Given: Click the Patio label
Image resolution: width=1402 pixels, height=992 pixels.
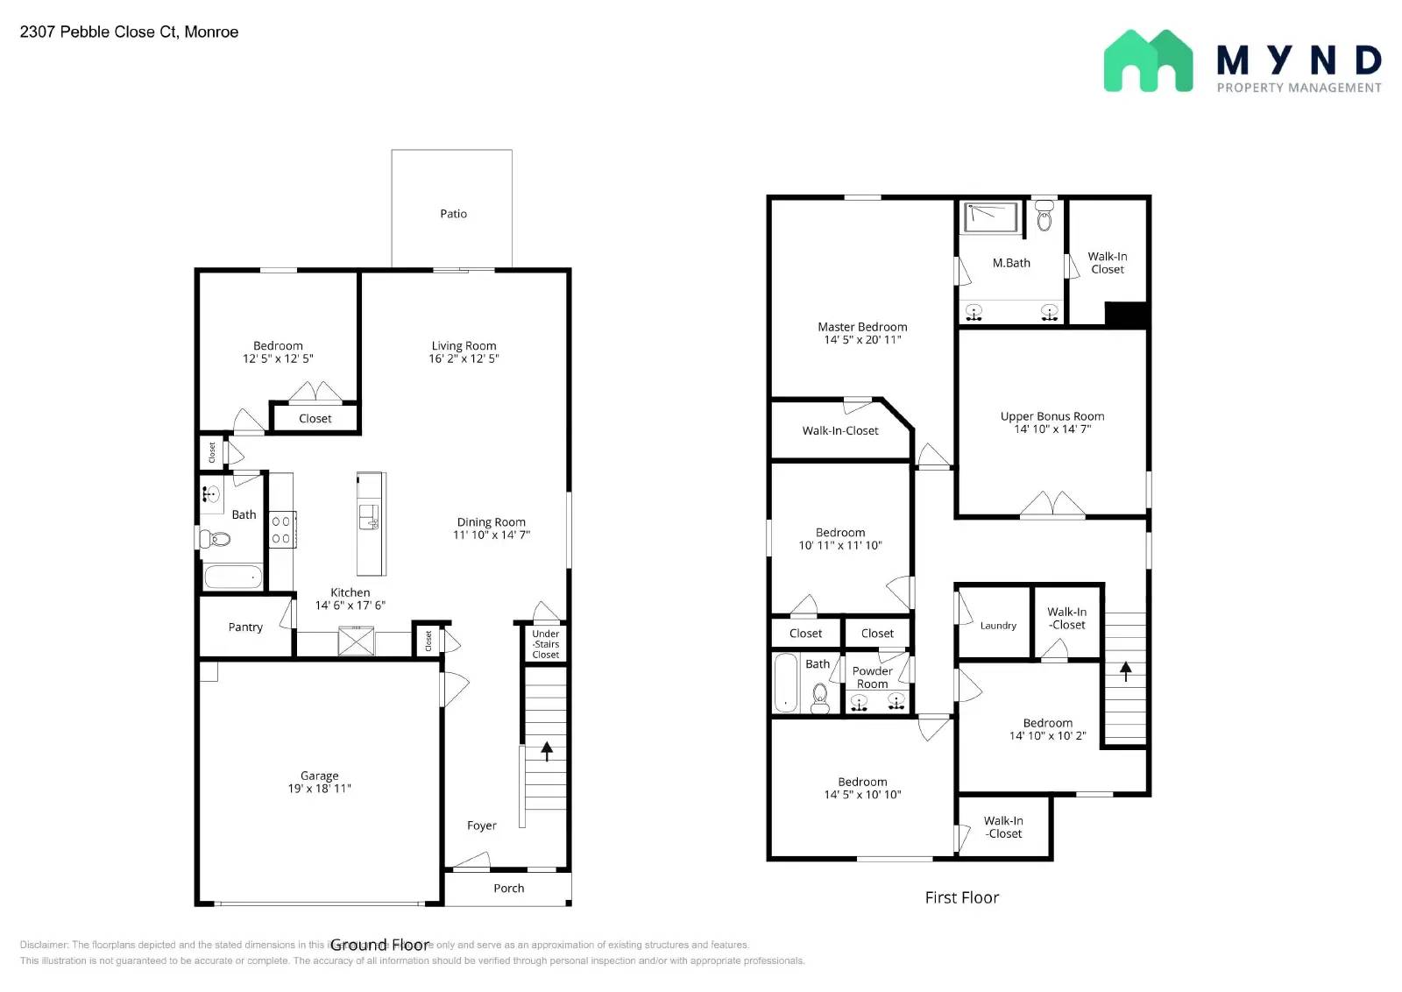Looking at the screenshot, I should point(453,214).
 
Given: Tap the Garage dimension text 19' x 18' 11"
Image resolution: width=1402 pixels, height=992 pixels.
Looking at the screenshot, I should point(319,789).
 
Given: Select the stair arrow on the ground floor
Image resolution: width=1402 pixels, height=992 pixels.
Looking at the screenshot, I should point(547,751).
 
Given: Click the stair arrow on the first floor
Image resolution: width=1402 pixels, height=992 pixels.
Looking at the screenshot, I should point(1126,670).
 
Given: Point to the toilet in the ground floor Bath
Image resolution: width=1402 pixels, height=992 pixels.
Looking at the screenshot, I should point(216,538).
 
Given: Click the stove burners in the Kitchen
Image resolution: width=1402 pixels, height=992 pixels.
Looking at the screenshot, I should point(281,529).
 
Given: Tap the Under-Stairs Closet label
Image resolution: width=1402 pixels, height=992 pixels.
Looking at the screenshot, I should point(545,644).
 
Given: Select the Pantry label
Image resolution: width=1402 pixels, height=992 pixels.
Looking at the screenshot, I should point(245,627).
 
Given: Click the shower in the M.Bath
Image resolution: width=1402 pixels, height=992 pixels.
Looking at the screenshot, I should point(991,216).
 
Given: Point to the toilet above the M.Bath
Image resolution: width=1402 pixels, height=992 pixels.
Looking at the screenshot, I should point(1044,216).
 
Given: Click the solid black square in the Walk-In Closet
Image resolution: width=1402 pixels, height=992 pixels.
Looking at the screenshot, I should point(1126,315).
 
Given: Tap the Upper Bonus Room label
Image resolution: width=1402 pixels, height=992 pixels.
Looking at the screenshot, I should point(1052,416).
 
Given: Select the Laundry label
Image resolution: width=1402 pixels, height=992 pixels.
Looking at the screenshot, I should point(998,626).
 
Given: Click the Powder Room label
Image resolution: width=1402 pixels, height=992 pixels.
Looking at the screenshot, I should point(872,677).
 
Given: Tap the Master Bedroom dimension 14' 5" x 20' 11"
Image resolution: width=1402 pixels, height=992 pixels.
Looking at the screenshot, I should point(862,340).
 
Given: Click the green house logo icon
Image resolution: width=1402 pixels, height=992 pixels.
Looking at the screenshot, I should point(1148,61).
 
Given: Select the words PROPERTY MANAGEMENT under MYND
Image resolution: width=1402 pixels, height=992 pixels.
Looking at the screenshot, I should point(1299,88).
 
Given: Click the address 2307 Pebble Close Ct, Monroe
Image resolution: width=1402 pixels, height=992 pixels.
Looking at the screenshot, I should point(129,32).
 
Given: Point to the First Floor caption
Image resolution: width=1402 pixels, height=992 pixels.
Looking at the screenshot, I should point(961,897).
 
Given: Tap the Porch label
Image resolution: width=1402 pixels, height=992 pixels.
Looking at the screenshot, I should point(508,889).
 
